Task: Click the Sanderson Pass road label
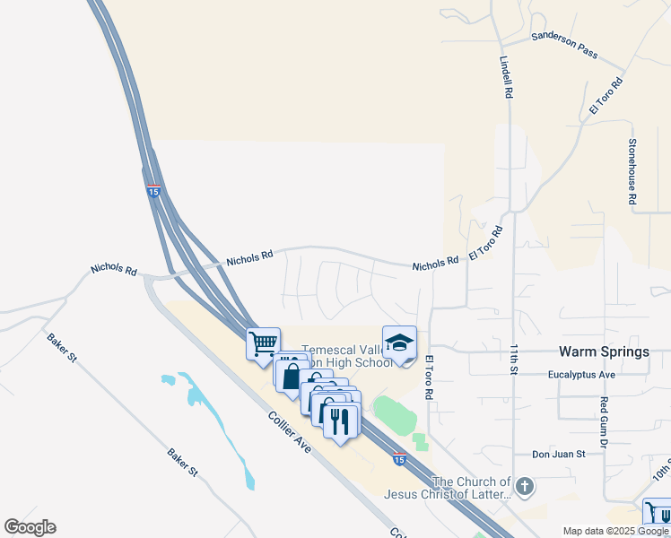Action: pos(564,45)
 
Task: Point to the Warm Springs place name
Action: pos(604,351)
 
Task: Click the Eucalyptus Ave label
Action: pos(581,375)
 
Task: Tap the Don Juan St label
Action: pos(557,455)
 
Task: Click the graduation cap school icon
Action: pos(400,343)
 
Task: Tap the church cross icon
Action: pos(525,488)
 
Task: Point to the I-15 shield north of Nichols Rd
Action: pos(153,191)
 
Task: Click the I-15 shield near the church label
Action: pos(398,460)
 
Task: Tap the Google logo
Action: pos(30,527)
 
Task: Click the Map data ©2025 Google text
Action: pos(616,531)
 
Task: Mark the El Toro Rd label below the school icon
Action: pos(429,377)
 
